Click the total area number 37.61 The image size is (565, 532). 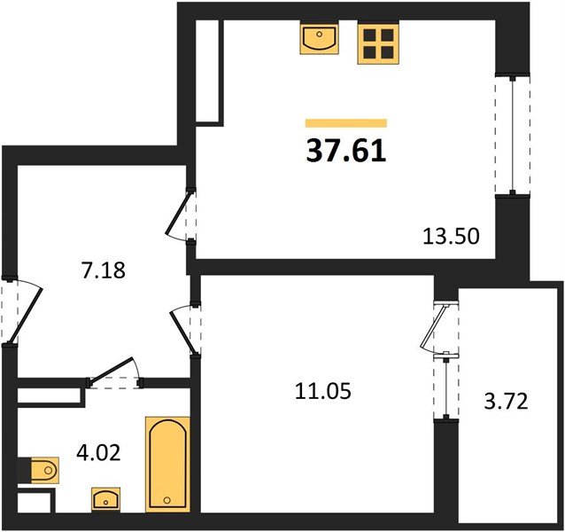point(346,152)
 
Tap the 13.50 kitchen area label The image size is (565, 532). point(451,237)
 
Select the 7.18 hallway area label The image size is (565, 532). point(104,270)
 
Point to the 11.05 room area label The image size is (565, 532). point(323,391)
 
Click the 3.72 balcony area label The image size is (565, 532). point(506,402)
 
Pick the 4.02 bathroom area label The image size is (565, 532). point(98,453)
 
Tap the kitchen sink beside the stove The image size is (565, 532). point(320,37)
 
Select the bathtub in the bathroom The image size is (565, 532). point(167,465)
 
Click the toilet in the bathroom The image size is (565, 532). point(41,470)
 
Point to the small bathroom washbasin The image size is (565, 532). point(105,499)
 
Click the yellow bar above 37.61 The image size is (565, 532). point(346,123)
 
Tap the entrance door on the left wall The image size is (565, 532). point(21,311)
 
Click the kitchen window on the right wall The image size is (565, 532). point(513,135)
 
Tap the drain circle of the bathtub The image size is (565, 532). point(166,500)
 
